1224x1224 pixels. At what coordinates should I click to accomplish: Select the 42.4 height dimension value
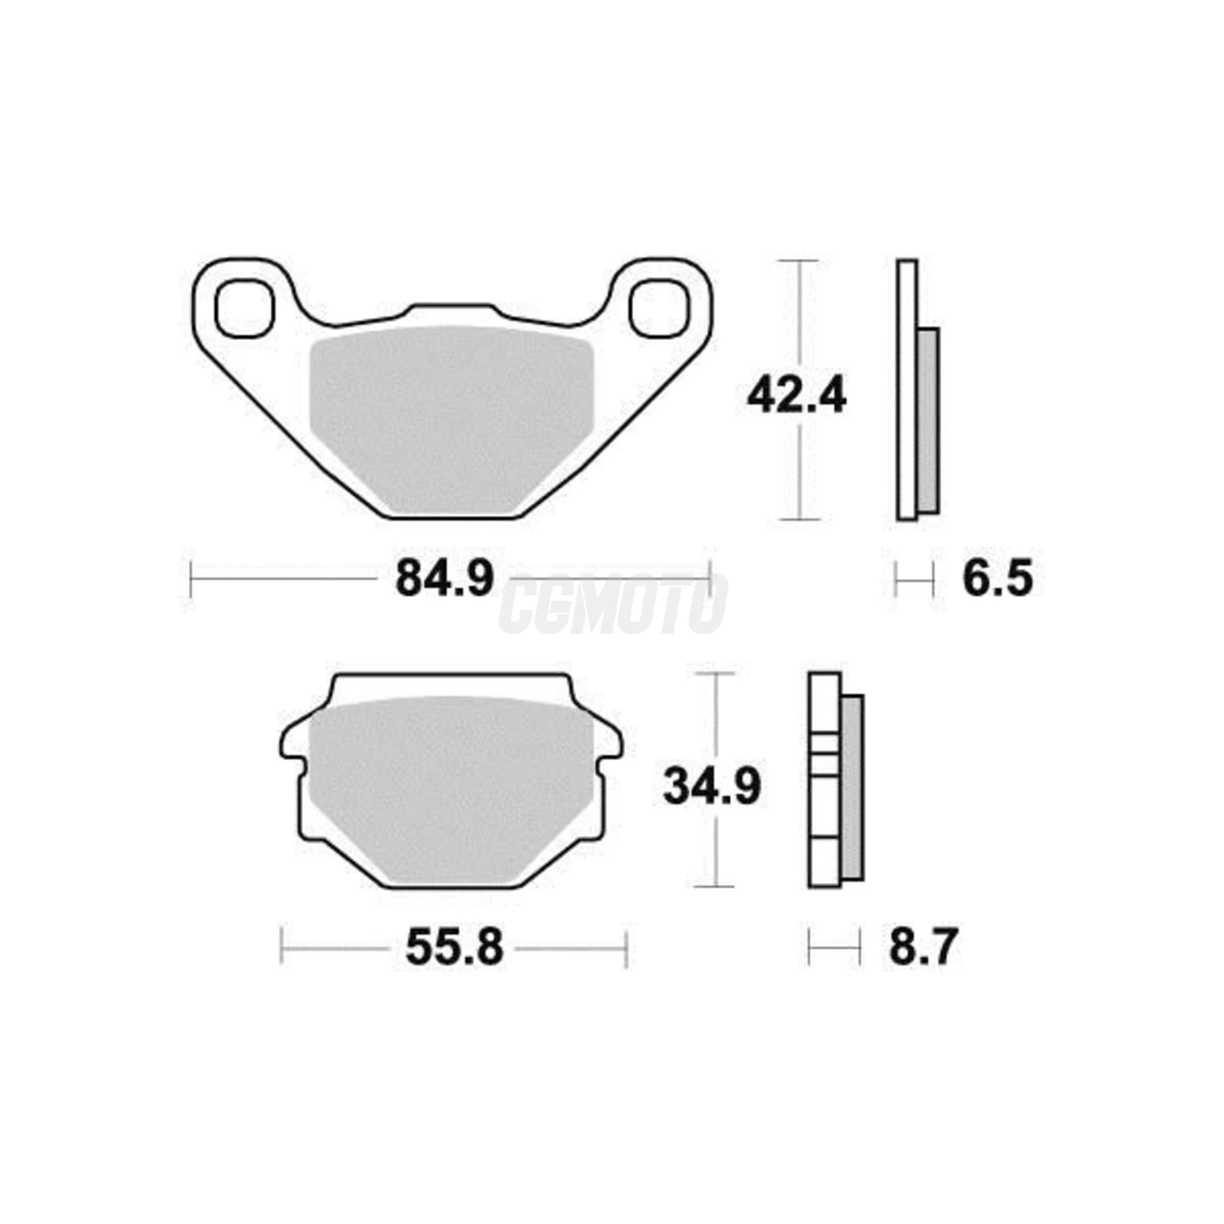796,399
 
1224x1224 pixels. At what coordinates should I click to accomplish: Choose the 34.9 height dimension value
712,789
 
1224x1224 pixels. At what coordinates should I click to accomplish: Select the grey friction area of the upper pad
450,419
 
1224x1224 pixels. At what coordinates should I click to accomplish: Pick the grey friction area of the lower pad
450,789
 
